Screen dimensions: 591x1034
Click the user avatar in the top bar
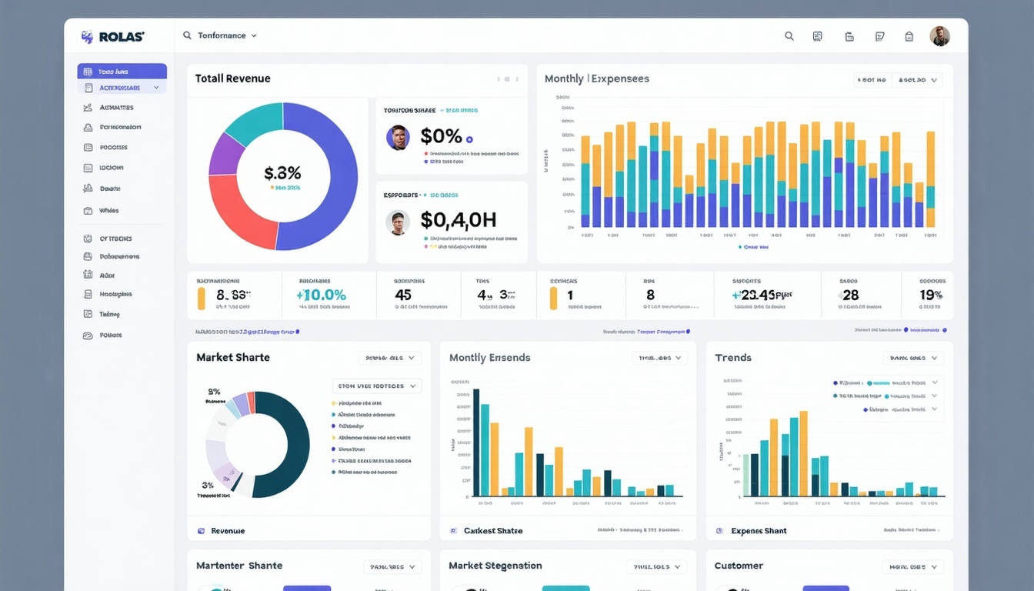click(x=939, y=36)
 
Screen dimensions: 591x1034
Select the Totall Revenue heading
click(x=232, y=78)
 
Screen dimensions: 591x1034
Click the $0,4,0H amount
click(x=458, y=221)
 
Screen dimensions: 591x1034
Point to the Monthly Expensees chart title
click(x=596, y=78)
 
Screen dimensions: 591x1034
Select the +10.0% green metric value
click(x=321, y=295)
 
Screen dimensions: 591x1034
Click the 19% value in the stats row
click(x=931, y=295)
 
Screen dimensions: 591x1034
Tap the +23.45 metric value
click(x=762, y=295)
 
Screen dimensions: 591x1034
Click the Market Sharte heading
click(x=232, y=357)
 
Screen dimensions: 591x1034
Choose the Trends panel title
click(x=732, y=357)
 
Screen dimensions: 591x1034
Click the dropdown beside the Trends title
click(x=912, y=358)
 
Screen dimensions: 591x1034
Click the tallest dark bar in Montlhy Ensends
click(x=475, y=442)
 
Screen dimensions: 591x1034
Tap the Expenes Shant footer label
click(x=759, y=531)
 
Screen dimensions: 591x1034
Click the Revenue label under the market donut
click(x=228, y=531)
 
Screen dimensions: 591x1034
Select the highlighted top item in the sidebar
click(x=122, y=71)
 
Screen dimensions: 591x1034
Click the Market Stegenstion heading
click(x=495, y=566)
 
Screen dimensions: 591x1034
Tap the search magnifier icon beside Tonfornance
click(x=187, y=35)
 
